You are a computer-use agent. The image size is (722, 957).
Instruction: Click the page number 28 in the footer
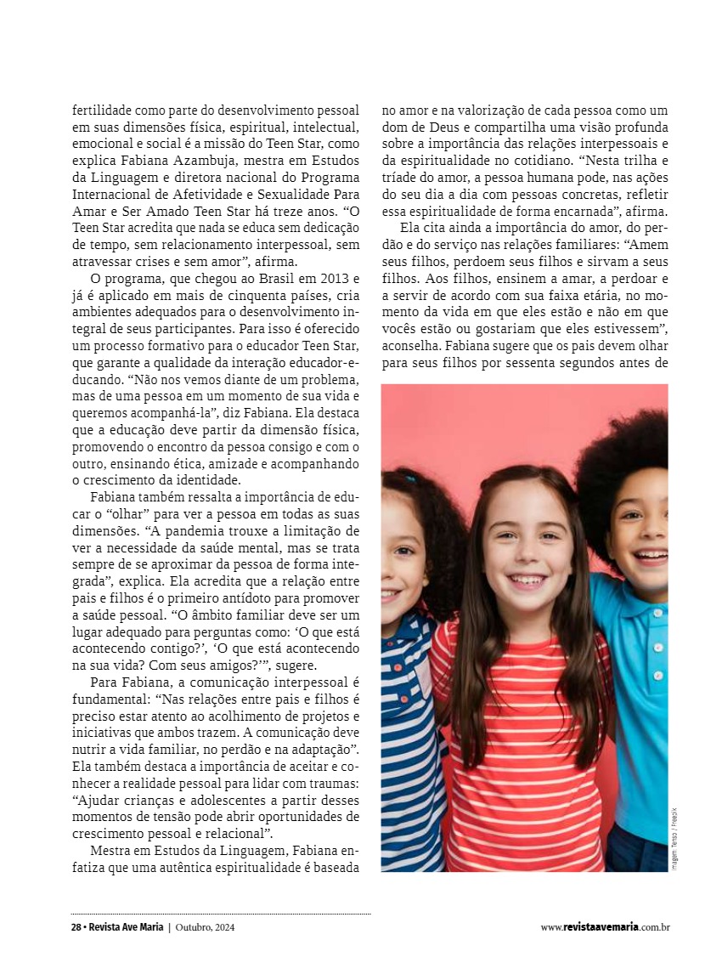76,927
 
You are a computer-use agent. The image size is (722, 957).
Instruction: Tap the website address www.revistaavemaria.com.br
605,927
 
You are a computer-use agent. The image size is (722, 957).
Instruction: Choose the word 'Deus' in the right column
432,127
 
